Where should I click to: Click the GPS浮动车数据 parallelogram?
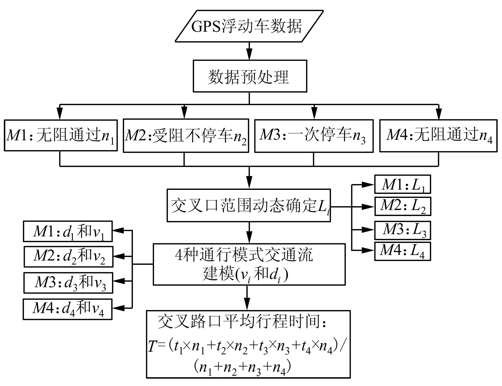coord(249,26)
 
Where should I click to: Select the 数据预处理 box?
coord(250,76)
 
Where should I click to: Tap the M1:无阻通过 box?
coord(61,135)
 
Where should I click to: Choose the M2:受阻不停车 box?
coord(186,136)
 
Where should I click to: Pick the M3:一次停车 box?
coord(314,136)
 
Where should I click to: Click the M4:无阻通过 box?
coord(438,136)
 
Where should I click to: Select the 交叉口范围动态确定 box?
coord(249,206)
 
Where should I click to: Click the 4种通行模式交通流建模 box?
coord(249,264)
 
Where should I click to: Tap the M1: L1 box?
coord(403,184)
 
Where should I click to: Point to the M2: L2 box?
coord(403,206)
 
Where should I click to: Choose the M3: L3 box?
coord(403,230)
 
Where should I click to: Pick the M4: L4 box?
coord(403,251)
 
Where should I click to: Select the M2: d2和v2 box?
coord(68,257)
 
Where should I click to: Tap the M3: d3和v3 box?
coord(68,283)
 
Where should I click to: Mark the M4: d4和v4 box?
coord(68,309)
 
